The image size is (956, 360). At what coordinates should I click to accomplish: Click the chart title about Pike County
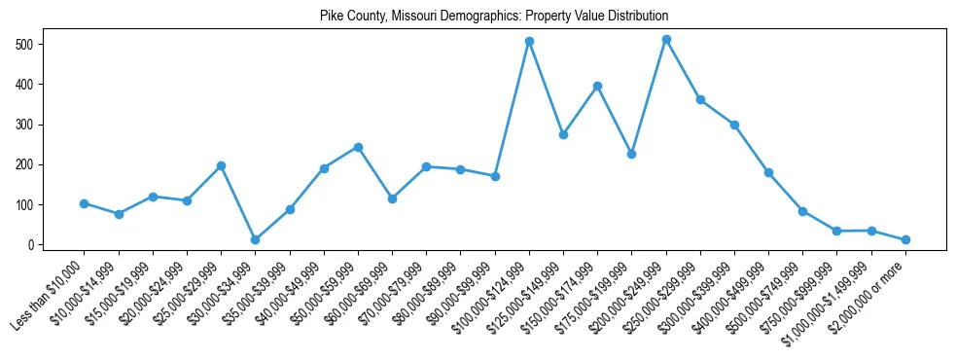point(494,17)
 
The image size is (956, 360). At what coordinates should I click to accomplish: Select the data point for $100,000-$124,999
point(529,42)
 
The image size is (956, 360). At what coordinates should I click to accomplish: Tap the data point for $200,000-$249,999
point(666,40)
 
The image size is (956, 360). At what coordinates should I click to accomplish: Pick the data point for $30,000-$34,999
point(255,239)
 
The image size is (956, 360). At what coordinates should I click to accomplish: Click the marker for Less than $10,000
point(85,203)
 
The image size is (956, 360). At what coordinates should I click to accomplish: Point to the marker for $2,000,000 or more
point(905,239)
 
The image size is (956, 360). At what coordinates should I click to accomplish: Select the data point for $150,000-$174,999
point(597,86)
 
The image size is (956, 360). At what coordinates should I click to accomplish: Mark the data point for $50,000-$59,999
point(358,147)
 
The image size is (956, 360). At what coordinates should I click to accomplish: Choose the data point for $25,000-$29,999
point(221,165)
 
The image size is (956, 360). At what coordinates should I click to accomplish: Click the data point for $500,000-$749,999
point(802,211)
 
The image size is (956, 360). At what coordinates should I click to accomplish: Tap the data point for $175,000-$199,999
point(631,154)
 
